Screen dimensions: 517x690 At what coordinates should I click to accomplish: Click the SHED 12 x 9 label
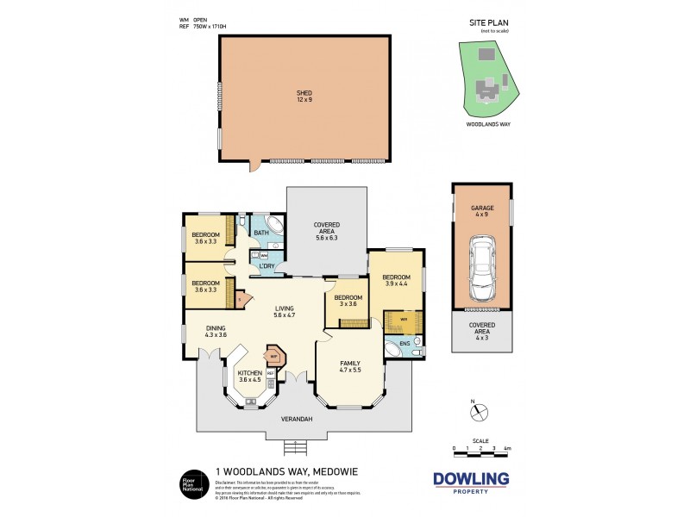304,96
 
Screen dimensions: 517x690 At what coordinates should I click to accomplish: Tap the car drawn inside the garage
481,265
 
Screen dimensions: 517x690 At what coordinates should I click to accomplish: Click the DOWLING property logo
470,483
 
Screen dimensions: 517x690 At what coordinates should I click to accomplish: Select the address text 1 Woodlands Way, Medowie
274,471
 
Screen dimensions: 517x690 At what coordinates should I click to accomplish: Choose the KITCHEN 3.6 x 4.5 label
250,377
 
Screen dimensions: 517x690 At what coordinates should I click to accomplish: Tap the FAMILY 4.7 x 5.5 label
349,366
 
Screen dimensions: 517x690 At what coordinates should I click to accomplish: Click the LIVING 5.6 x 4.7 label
285,312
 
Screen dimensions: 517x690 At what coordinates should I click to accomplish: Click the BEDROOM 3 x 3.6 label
348,301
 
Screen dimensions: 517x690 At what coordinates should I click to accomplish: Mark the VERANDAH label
296,420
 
